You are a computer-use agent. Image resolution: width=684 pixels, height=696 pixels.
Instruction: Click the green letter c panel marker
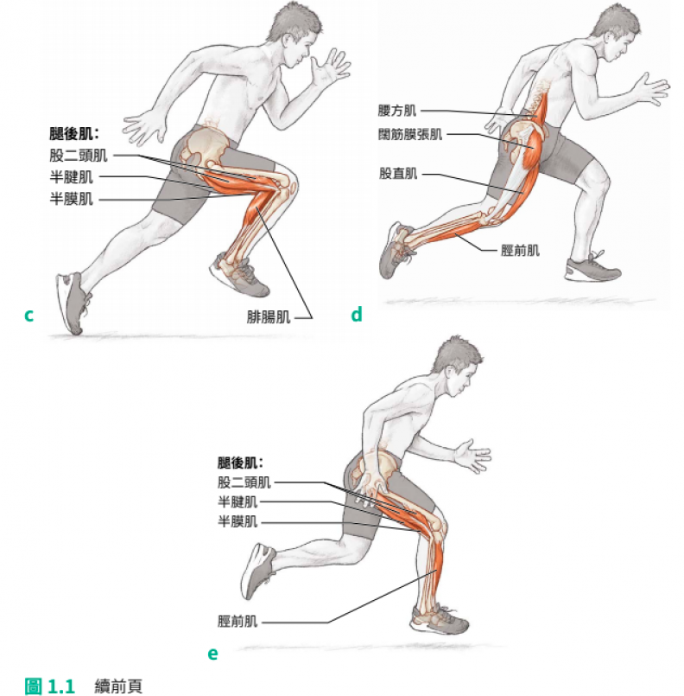point(28,316)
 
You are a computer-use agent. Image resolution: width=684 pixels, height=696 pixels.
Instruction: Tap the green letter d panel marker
point(357,314)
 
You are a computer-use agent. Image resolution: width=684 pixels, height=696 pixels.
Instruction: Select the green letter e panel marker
point(212,653)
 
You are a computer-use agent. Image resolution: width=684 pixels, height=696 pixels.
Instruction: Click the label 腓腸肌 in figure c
point(269,317)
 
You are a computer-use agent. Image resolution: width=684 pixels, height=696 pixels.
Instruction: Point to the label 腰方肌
point(397,111)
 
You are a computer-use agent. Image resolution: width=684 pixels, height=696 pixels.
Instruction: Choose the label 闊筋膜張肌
point(410,134)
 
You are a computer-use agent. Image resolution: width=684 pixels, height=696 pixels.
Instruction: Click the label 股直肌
point(398,173)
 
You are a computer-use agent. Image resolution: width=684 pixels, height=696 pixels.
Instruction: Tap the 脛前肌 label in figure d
point(520,251)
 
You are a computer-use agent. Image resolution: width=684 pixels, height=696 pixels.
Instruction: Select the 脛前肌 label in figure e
point(237,621)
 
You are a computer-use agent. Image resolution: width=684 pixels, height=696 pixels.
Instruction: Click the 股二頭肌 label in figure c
point(78,156)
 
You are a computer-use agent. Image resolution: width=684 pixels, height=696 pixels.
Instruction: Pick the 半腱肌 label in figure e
point(237,502)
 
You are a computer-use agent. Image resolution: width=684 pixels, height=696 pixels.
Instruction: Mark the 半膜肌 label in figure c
point(71,199)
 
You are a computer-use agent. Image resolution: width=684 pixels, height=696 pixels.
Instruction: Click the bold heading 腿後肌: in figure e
point(240,463)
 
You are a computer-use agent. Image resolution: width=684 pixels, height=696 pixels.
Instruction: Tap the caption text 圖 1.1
point(49,686)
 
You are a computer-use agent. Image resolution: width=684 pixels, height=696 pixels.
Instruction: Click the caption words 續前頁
point(118,686)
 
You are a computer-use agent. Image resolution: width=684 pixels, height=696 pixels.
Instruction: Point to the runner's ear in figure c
point(288,42)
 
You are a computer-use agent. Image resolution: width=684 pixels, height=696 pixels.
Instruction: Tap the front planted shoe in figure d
point(592,267)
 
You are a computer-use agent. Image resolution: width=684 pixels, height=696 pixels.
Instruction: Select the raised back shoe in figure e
point(258,571)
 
